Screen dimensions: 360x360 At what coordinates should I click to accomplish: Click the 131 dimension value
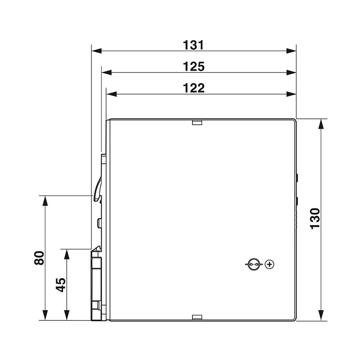point(194,45)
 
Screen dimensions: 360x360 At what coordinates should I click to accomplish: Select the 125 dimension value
point(194,67)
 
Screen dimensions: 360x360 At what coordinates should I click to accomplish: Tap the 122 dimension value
point(194,88)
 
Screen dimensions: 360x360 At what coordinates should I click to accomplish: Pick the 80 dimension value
point(40,258)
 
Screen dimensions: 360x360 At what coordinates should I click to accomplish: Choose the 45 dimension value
point(61,284)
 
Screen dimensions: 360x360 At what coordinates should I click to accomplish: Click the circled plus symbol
point(270,264)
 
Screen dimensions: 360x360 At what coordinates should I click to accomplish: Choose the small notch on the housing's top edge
point(197,121)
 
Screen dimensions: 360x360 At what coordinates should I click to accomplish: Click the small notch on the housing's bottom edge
point(197,318)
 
